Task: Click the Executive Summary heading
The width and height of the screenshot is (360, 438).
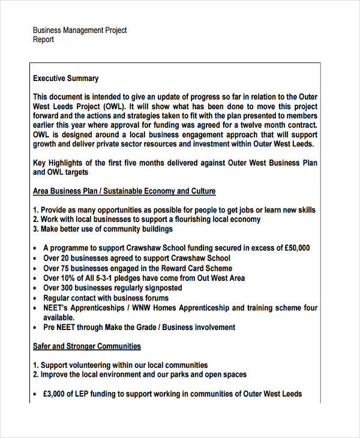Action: (x=66, y=79)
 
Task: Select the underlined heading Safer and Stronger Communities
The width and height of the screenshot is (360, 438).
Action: (x=87, y=346)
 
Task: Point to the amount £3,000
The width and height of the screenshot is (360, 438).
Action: (x=58, y=394)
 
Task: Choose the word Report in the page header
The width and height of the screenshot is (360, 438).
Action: (x=43, y=40)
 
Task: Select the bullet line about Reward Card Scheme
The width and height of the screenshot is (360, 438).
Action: (x=137, y=268)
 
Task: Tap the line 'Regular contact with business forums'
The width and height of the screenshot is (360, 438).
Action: (x=106, y=298)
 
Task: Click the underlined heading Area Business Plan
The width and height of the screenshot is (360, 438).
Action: (x=124, y=191)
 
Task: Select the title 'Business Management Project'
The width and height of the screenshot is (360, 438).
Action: (x=80, y=30)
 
